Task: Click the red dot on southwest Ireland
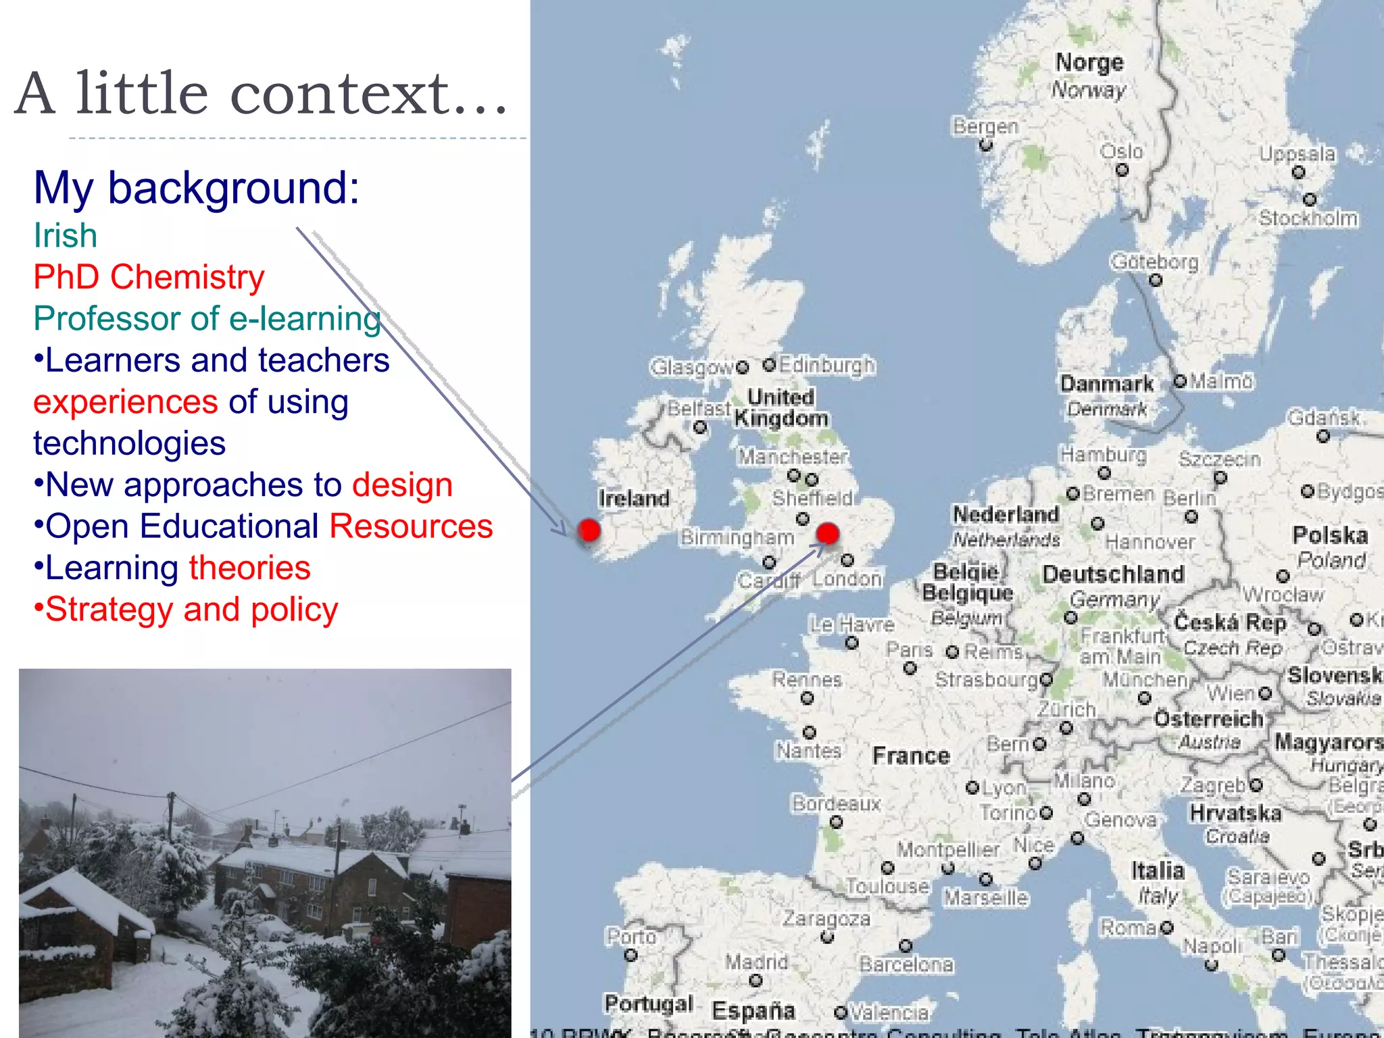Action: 589,530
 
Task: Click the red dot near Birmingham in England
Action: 827,533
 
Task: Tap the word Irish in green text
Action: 66,235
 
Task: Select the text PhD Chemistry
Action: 149,277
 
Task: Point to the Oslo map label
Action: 1121,151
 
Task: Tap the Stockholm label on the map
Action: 1308,218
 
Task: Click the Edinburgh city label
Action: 826,366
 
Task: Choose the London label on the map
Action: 847,579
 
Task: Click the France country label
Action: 911,756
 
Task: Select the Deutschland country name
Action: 1113,574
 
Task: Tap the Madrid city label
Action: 756,961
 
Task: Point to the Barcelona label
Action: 906,964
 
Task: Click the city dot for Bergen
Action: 986,145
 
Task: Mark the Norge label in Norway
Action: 1089,63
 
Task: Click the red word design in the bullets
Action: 402,485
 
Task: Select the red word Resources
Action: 411,526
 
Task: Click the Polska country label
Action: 1329,535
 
